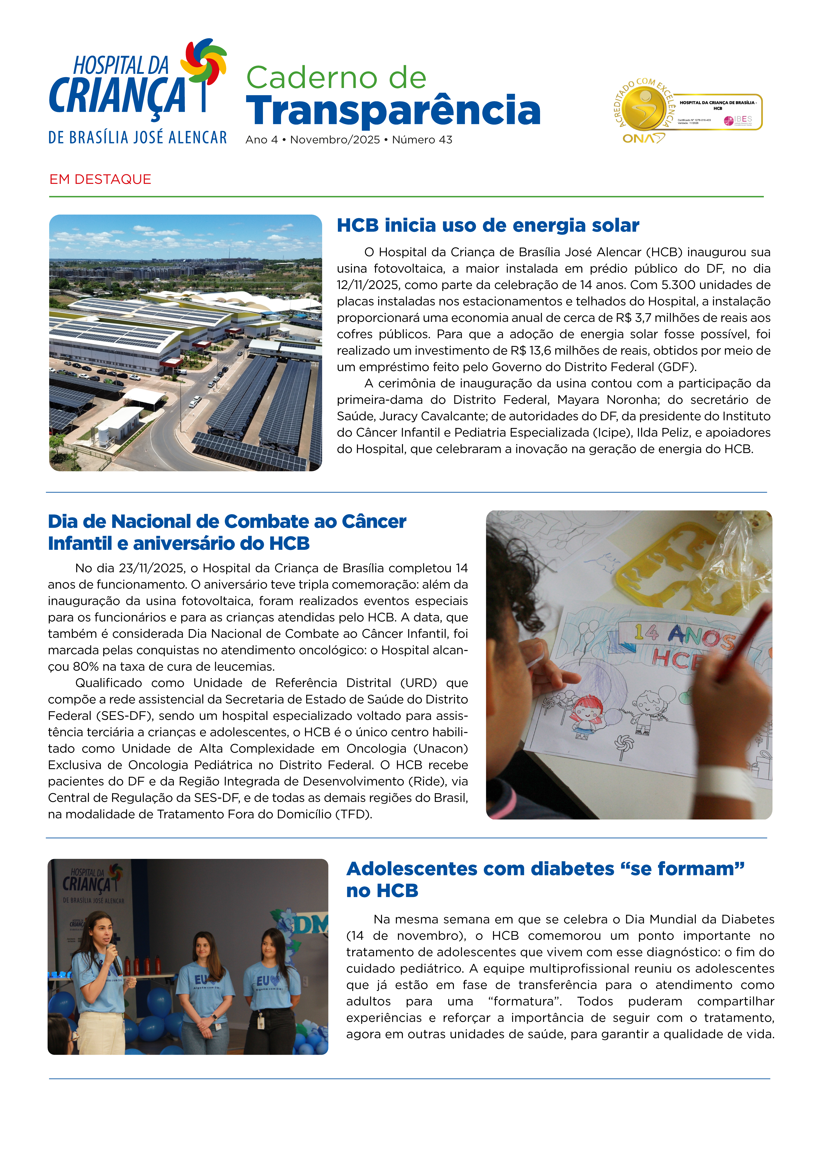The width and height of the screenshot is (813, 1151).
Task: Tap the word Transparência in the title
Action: pos(393,110)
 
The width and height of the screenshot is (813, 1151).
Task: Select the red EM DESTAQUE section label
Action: pos(100,180)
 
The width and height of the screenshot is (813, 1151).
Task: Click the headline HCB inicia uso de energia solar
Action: pos(487,226)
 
